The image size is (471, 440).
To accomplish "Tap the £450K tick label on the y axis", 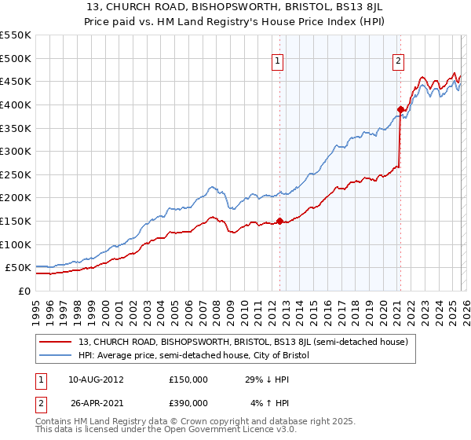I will pos(16,81).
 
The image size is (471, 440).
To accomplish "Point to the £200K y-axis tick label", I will pos(16,197).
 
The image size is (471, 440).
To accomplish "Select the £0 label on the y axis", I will pos(24,291).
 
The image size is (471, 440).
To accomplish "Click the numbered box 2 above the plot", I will pos(399,60).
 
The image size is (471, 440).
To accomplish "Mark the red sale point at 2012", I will pos(279,221).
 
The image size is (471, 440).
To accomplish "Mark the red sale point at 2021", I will pos(400,109).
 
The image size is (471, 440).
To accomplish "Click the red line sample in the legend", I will pos(56,343).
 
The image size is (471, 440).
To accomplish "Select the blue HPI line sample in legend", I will pos(56,356).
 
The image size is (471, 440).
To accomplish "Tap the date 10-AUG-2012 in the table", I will pos(89,379).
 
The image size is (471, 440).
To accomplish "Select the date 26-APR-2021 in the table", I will pos(89,402).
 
